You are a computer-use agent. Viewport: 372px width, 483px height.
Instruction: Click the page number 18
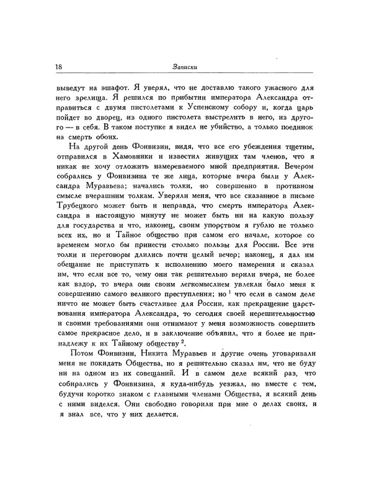[59, 67]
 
